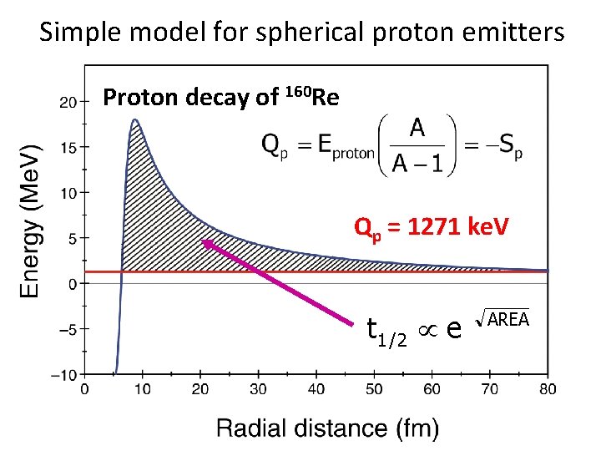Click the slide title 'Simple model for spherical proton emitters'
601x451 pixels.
pyautogui.click(x=301, y=33)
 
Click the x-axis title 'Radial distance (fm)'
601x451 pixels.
pyautogui.click(x=327, y=428)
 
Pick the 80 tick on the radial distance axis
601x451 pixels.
pyautogui.click(x=548, y=389)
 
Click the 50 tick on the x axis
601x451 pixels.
pyautogui.click(x=374, y=389)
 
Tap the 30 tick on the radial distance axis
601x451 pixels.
pyautogui.click(x=258, y=389)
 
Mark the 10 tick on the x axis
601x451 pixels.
pyautogui.click(x=141, y=389)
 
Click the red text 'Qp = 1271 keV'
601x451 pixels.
pyautogui.click(x=432, y=227)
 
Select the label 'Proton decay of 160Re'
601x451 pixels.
pyautogui.click(x=220, y=98)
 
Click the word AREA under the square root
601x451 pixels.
pyautogui.click(x=508, y=319)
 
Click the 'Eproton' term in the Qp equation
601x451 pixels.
pyautogui.click(x=342, y=147)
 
